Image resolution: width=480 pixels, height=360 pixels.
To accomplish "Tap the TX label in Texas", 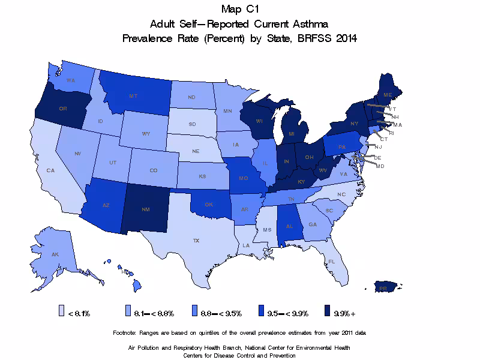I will coord(196,240).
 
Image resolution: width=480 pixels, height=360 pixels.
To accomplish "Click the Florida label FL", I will coord(331,262).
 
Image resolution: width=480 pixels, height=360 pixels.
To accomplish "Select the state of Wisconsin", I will coord(259,120).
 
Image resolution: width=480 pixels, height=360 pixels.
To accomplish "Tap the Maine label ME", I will coord(388,95).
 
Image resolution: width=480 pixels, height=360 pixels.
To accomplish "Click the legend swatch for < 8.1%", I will coord(61,311).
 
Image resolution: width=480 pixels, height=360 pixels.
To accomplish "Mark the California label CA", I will coord(50,170).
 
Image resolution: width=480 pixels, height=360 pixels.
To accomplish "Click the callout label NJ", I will coord(378,146).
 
